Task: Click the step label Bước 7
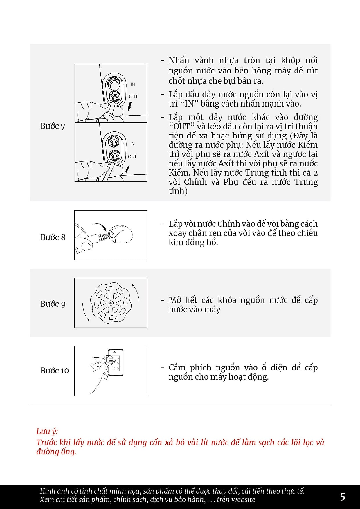53,126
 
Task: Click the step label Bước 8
53,237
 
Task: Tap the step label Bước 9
53,304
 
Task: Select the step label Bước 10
55,371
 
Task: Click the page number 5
343,497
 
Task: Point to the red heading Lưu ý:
47,432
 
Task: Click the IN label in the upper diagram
133,84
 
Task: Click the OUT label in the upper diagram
133,96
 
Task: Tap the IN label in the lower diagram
133,144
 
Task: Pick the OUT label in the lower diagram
132,156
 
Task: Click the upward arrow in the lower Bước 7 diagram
127,169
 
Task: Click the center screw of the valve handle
111,303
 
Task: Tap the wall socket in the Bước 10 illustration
116,362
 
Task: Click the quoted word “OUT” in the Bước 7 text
181,127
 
